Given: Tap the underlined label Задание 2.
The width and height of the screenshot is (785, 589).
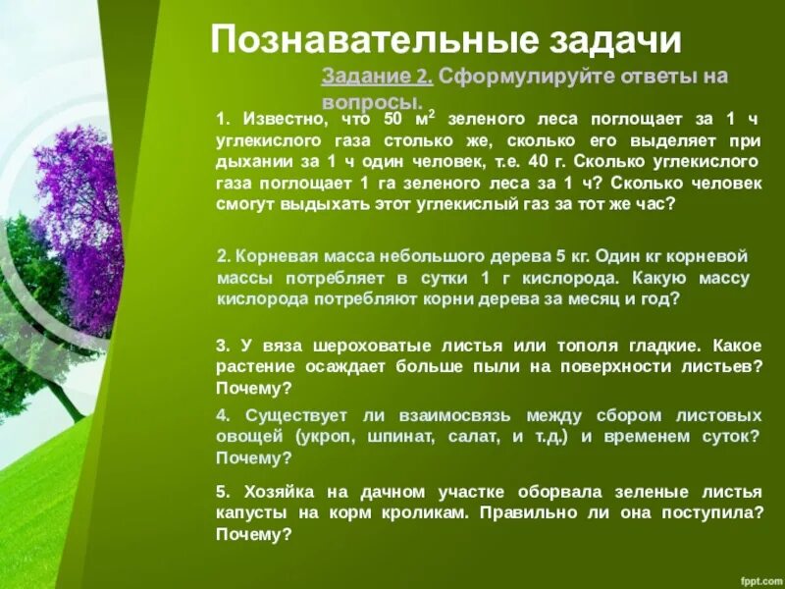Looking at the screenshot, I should pos(377,76).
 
